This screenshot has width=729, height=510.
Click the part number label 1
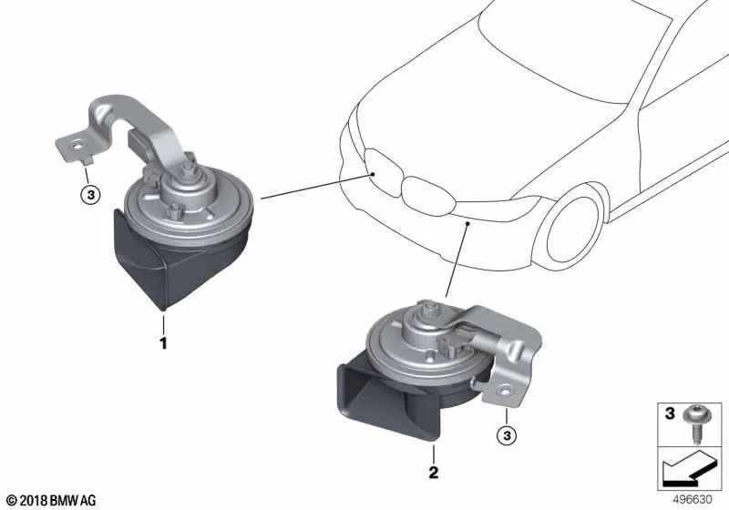coord(163,343)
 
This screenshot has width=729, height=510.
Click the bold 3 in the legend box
coord(669,416)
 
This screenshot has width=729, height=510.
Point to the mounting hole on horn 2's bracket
coord(499,393)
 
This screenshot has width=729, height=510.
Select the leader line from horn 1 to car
coord(315,183)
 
